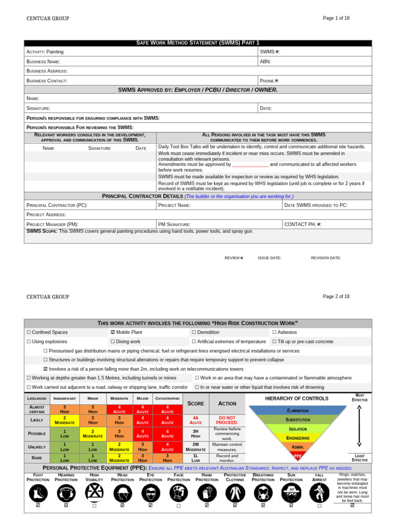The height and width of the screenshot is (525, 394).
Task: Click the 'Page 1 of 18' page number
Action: [x=336, y=18]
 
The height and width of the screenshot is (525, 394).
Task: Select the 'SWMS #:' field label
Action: [x=270, y=52]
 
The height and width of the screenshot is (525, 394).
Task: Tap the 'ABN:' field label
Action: [x=265, y=62]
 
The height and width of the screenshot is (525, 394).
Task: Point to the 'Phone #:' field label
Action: [x=269, y=81]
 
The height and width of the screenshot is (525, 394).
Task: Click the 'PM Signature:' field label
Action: [x=174, y=224]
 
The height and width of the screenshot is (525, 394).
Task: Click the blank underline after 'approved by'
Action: [x=250, y=165]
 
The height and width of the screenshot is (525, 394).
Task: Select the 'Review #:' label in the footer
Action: [x=234, y=258]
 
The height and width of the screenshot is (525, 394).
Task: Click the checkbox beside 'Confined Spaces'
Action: [x=29, y=332]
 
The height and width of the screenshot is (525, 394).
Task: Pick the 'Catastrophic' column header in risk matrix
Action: [x=167, y=398]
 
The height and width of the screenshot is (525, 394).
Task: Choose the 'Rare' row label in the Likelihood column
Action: [x=36, y=458]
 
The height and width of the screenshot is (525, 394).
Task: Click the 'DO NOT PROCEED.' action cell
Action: [x=227, y=420]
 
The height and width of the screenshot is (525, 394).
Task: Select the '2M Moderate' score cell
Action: [x=195, y=447]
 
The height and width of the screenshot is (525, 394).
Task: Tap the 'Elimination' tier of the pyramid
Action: [x=298, y=411]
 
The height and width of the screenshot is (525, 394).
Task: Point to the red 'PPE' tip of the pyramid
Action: [x=298, y=455]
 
